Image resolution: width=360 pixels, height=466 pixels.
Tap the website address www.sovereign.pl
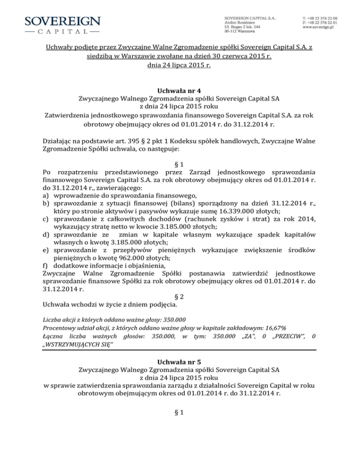[x=320, y=28]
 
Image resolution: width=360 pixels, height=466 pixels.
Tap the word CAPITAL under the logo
[x=62, y=32]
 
